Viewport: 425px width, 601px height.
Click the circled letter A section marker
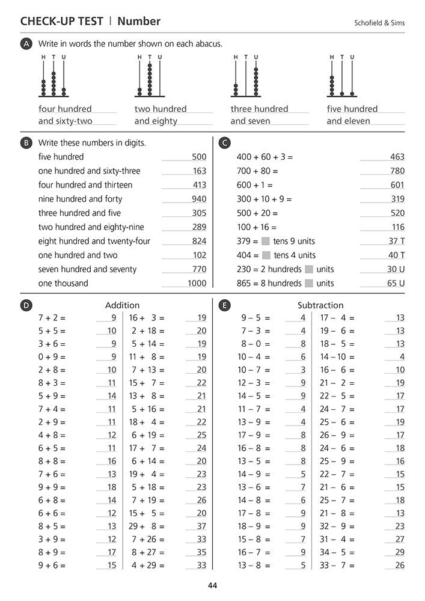26,44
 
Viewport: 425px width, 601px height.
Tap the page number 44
212,585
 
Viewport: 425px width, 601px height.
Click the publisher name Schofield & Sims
379,23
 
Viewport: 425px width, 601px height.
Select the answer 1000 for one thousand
197,283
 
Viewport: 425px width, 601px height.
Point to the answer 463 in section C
397,157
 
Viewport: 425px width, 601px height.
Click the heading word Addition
122,305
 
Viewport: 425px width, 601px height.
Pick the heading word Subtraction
320,305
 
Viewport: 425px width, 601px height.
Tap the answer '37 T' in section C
396,241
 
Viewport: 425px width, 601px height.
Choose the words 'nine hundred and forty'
80,199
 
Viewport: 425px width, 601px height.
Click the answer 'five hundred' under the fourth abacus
352,109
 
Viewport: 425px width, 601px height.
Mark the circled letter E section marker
224,305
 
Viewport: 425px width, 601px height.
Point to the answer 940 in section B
199,199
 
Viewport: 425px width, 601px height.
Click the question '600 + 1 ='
254,185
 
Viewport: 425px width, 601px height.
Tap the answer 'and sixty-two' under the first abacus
65,121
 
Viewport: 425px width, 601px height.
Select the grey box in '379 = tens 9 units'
265,241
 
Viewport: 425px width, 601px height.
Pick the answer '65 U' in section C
396,283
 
